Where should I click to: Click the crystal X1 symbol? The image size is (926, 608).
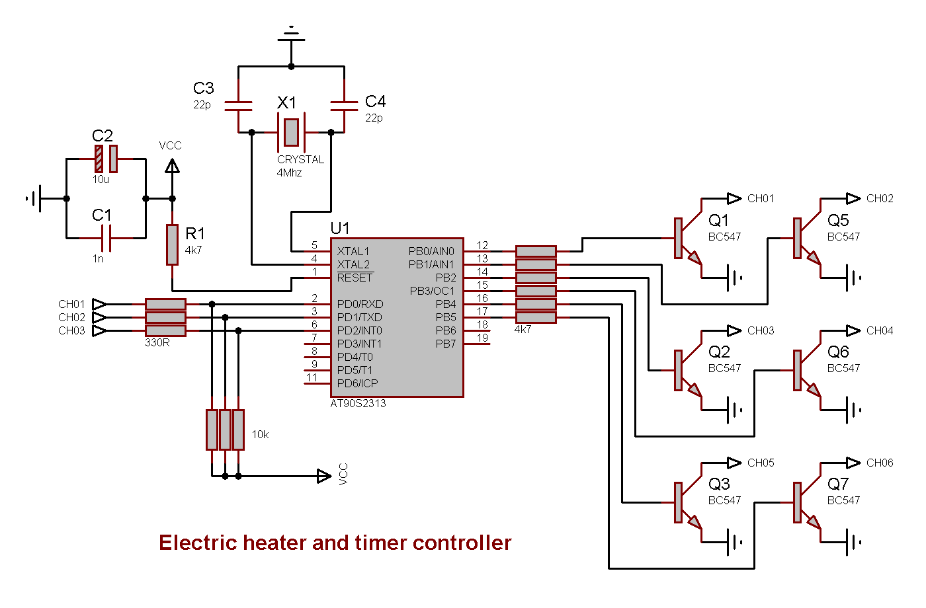tap(291, 132)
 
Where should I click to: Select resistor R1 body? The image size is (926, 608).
tap(172, 245)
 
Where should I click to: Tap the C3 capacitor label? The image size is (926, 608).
tap(203, 89)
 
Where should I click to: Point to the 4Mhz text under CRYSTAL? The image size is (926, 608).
tap(289, 173)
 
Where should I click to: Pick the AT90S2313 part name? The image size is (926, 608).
tap(358, 403)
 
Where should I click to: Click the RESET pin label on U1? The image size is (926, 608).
tap(355, 278)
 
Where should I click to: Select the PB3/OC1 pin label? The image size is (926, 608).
tap(432, 291)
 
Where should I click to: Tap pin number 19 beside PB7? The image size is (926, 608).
tap(482, 338)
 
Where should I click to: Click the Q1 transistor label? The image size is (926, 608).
tap(718, 220)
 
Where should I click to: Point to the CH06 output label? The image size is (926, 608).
tap(880, 463)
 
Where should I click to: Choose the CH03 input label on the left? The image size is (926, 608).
tap(71, 330)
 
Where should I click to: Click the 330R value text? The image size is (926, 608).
tap(157, 343)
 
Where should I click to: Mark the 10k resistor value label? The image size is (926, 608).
tap(260, 435)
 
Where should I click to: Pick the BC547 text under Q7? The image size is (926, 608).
tap(843, 500)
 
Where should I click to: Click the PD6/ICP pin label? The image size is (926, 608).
tap(357, 383)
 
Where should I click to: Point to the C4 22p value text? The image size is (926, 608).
tap(374, 118)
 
